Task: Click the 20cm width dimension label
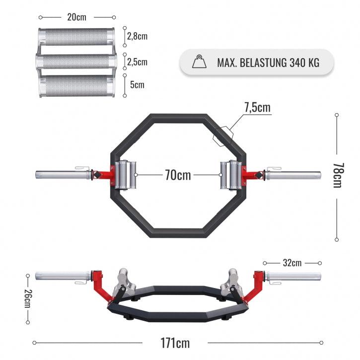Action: (x=76, y=17)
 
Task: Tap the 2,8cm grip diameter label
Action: (x=137, y=36)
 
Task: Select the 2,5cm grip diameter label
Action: (x=137, y=62)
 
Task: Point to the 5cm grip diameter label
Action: (x=137, y=84)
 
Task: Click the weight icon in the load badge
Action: (x=199, y=63)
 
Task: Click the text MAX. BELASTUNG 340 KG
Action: (x=268, y=63)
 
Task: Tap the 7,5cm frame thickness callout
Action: (x=257, y=107)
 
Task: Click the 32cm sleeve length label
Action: (x=292, y=262)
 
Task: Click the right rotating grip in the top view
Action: (x=230, y=175)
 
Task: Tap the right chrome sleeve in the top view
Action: (x=293, y=175)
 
